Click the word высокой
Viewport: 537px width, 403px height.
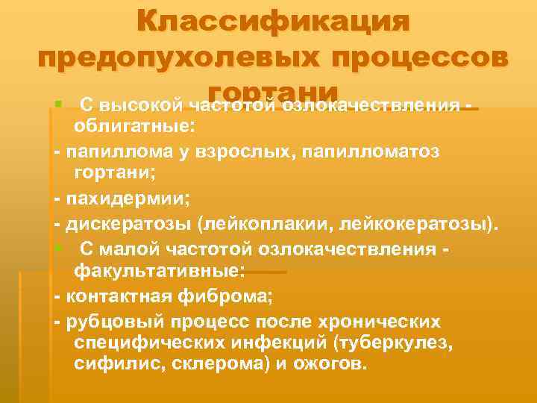pos(148,103)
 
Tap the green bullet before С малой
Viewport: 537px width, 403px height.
pos(58,248)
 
